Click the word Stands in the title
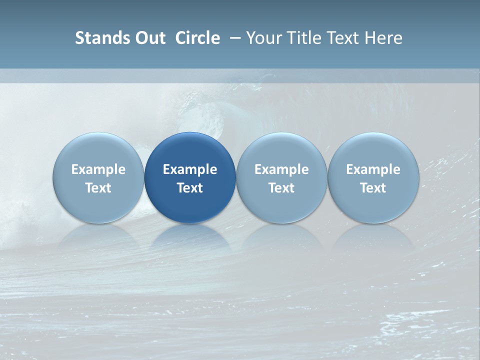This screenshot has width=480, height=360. (x=98, y=38)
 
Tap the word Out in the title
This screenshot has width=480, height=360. (x=149, y=38)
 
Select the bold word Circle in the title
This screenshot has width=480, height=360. (x=197, y=38)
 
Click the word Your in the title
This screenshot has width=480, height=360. (x=263, y=38)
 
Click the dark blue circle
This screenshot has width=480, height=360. (x=190, y=177)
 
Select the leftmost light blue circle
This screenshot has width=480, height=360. (x=98, y=177)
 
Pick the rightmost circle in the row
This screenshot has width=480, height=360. (x=373, y=177)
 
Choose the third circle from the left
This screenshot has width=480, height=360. (x=281, y=177)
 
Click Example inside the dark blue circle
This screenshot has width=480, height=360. (x=190, y=169)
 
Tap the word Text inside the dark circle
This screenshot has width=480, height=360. (x=190, y=188)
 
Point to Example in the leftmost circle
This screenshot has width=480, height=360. (x=98, y=169)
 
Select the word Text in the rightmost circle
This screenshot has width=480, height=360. (x=373, y=188)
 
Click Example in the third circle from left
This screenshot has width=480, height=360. (x=281, y=169)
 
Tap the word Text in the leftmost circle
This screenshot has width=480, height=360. (x=98, y=188)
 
